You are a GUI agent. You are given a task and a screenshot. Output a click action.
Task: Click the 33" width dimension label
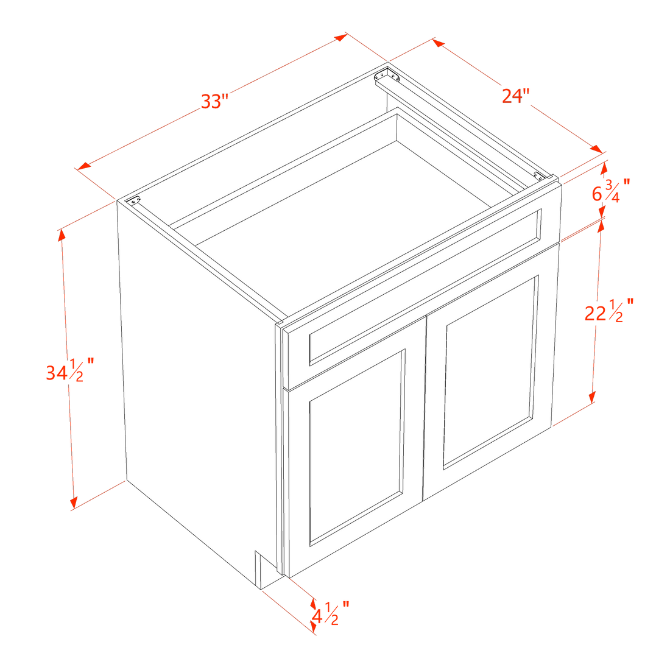click(x=215, y=102)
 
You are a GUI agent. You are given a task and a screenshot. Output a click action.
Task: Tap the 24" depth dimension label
click(x=516, y=96)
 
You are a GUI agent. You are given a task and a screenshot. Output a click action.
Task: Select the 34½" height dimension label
click(x=69, y=370)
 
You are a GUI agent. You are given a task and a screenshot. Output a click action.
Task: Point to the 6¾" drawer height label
click(x=610, y=191)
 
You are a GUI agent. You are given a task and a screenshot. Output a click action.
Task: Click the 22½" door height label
click(x=609, y=311)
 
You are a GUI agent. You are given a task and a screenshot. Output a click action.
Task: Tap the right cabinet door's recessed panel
click(x=490, y=372)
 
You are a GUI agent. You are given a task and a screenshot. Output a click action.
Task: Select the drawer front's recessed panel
click(x=426, y=287)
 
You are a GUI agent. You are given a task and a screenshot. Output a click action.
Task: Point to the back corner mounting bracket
click(x=387, y=75)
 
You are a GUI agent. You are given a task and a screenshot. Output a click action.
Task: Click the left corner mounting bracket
click(x=135, y=200)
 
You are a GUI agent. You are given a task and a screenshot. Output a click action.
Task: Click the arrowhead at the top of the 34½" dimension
click(x=62, y=234)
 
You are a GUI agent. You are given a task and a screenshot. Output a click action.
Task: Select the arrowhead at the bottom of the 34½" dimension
click(x=74, y=503)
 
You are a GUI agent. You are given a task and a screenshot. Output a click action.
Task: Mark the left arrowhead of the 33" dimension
click(x=83, y=166)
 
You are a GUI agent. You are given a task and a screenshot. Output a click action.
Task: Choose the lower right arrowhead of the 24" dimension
click(x=596, y=149)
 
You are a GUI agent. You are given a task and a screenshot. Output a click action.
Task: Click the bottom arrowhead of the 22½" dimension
click(x=592, y=397)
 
